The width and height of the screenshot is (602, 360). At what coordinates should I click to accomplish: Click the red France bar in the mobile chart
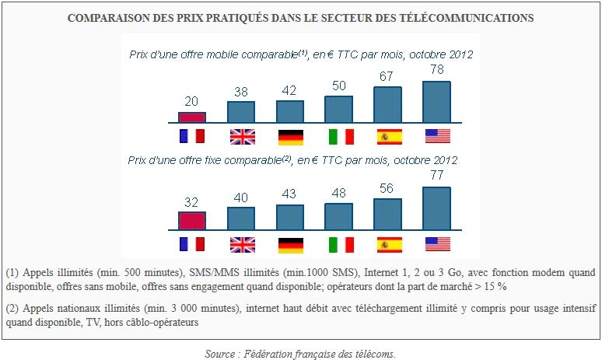(192, 117)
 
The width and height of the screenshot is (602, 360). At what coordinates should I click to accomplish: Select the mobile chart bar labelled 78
(437, 102)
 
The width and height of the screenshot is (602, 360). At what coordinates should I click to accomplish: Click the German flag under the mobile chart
(290, 137)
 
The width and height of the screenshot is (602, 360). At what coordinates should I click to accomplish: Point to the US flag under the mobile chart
(437, 137)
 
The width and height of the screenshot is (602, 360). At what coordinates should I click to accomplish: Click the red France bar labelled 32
(192, 221)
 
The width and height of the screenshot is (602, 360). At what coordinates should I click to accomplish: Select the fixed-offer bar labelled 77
(437, 208)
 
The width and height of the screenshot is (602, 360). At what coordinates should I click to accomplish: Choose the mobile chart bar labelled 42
(290, 112)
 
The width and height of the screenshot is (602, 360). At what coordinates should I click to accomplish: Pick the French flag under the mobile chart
(192, 137)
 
